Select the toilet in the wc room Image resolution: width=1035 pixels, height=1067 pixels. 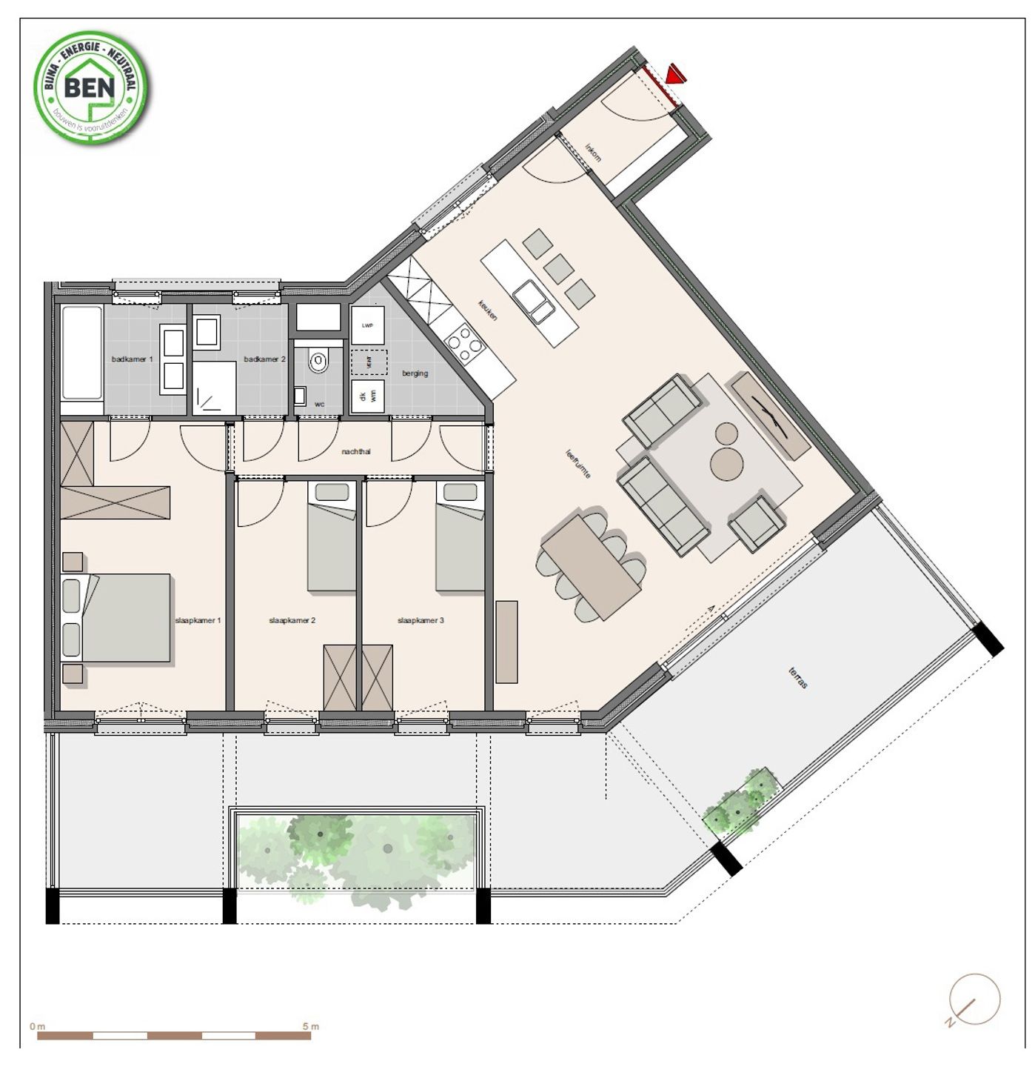pyautogui.click(x=318, y=362)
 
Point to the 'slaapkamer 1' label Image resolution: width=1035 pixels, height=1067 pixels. pyautogui.click(x=198, y=620)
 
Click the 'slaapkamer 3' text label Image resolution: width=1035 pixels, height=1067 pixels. pyautogui.click(x=421, y=620)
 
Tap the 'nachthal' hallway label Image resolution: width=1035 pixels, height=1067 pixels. pyautogui.click(x=355, y=451)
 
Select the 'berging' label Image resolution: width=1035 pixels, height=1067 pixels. pyautogui.click(x=415, y=373)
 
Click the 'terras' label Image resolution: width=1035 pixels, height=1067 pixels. pyautogui.click(x=798, y=677)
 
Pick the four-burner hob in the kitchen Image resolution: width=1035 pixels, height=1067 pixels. pyautogui.click(x=464, y=343)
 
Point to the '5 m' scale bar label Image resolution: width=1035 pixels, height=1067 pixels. pyautogui.click(x=311, y=1026)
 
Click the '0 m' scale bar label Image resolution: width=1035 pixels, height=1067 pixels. pyautogui.click(x=37, y=1026)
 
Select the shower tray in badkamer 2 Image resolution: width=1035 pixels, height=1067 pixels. pyautogui.click(x=215, y=388)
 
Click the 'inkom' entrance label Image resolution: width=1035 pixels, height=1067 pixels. pyautogui.click(x=593, y=152)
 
